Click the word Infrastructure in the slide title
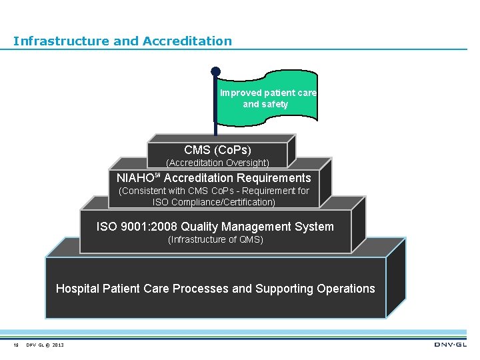point(61,41)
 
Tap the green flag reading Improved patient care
point(269,98)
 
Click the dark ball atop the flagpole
point(215,71)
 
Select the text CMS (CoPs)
point(217,150)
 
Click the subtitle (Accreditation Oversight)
point(217,163)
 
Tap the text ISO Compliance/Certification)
point(213,202)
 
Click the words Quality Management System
point(257,227)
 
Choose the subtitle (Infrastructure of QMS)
point(215,240)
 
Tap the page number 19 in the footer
point(15,345)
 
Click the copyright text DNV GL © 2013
point(45,345)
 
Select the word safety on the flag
point(274,105)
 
